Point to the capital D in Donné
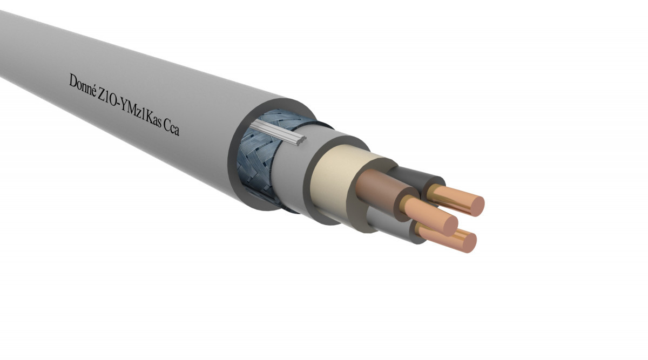pos(73,80)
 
